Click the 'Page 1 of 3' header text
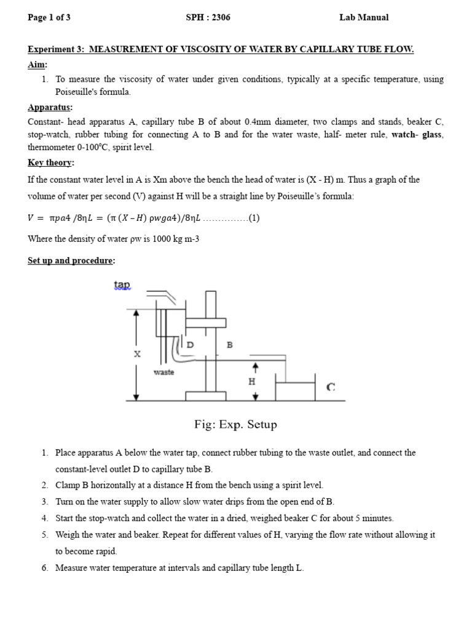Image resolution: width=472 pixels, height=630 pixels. click(49, 17)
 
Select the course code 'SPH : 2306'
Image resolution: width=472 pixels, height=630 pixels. click(208, 17)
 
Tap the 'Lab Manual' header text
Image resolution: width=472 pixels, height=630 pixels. click(364, 17)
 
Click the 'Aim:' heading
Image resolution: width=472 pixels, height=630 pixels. click(37, 65)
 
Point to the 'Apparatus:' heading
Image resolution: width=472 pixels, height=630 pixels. click(50, 107)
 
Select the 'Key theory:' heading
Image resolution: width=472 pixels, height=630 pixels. click(51, 162)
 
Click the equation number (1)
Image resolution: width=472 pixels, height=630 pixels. click(254, 218)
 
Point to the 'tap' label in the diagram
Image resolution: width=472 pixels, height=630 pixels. click(122, 284)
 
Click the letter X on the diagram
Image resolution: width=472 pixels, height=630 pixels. click(137, 354)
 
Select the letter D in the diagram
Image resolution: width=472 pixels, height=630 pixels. click(190, 346)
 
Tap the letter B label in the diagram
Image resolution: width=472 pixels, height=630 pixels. click(230, 346)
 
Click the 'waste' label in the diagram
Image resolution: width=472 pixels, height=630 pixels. click(163, 372)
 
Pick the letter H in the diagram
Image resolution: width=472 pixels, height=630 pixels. click(251, 381)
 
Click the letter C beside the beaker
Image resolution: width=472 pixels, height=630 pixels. click(331, 387)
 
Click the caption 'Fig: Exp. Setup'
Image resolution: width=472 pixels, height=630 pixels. click(235, 425)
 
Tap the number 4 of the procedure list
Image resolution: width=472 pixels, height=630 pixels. click(45, 518)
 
